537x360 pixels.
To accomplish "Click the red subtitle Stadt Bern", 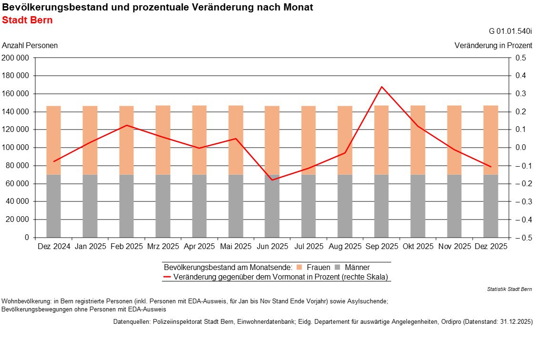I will (28, 20).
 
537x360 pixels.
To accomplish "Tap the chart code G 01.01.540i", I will (510, 31).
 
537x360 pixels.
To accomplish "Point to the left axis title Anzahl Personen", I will (30, 46).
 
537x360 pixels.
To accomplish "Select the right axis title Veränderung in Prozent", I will (493, 46).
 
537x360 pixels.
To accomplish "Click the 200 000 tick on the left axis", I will (16, 58).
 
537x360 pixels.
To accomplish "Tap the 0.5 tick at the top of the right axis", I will (520, 58).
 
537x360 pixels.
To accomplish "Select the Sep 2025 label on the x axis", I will (382, 247).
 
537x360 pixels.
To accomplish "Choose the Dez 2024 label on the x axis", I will (54, 247).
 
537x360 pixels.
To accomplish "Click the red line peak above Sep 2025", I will (382, 87).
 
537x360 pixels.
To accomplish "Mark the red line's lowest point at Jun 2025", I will (272, 180).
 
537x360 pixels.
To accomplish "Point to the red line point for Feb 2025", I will (127, 125).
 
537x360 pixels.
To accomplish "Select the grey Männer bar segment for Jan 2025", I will (90, 206).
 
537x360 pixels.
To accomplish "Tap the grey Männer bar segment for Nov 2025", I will (454, 206).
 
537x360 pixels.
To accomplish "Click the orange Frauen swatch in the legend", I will (299, 267).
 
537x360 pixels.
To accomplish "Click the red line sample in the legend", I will (167, 277).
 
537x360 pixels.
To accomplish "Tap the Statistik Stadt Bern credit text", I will (510, 289).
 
